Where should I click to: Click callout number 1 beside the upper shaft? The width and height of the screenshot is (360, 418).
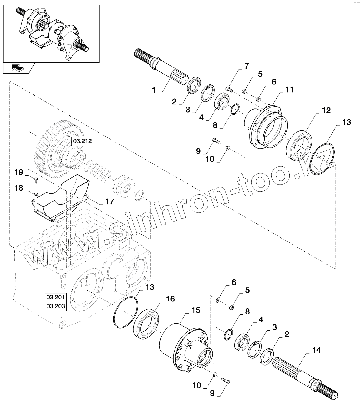(154, 90)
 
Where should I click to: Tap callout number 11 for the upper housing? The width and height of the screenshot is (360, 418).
(289, 90)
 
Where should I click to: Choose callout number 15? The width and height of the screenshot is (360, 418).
(196, 311)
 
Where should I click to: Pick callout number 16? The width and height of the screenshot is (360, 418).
(170, 299)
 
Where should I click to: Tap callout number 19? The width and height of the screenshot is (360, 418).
(19, 173)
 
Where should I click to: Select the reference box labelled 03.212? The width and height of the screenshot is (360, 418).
(82, 141)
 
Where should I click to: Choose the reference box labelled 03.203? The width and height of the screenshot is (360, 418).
(55, 306)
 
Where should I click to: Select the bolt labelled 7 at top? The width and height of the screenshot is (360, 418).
(229, 89)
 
